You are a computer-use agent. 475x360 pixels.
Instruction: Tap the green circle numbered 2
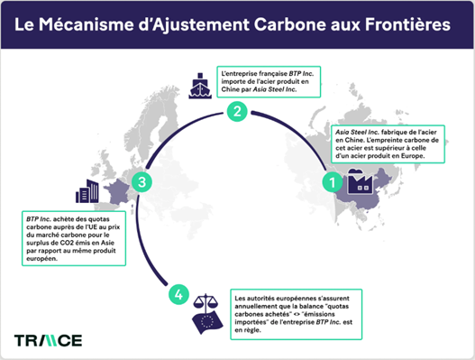(x=237, y=112)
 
